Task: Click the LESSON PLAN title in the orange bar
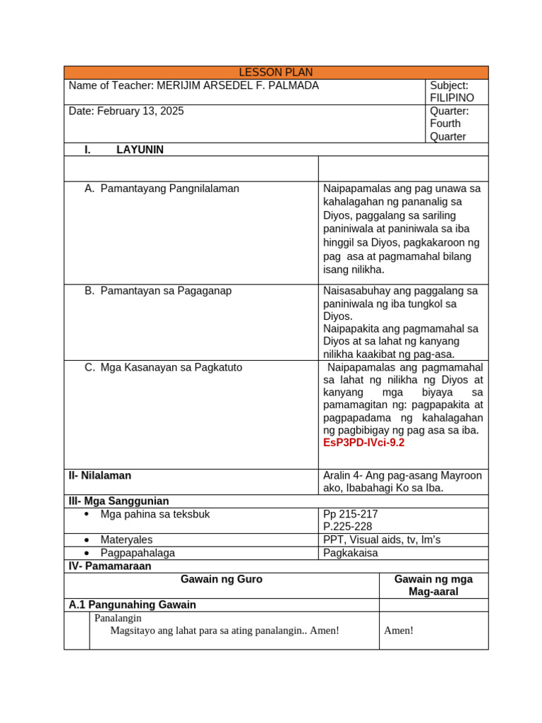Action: (275, 73)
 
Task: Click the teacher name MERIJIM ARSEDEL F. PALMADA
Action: (237, 86)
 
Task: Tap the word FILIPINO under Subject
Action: (452, 98)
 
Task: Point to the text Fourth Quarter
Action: (447, 130)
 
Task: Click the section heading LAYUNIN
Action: (140, 150)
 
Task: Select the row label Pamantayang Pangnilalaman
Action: (169, 189)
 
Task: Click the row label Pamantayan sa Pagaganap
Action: (166, 291)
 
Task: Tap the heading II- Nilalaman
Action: (100, 476)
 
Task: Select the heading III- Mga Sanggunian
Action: (118, 501)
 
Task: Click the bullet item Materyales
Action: (126, 540)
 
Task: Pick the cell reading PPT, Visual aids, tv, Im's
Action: (381, 540)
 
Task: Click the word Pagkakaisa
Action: (351, 553)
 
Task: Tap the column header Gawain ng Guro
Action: (221, 580)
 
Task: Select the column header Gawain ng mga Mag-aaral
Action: (433, 585)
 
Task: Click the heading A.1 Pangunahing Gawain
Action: (132, 605)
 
